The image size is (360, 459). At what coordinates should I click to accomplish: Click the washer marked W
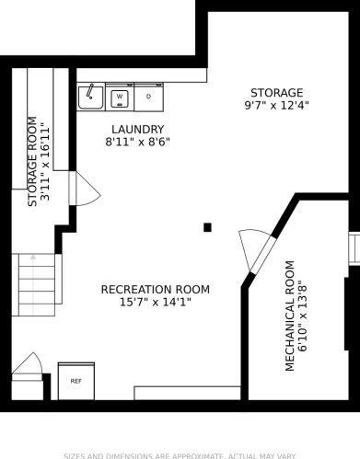point(120,97)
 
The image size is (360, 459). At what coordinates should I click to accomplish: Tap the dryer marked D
point(149,97)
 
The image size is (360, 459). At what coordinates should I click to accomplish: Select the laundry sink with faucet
point(91,97)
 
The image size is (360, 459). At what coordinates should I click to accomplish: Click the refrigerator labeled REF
point(76,381)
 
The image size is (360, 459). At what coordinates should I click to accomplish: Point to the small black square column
point(207,227)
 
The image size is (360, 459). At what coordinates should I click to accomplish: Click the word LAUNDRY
point(137,130)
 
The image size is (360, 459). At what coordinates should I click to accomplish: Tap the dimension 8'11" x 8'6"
point(137,142)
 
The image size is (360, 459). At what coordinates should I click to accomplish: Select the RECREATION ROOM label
point(156,290)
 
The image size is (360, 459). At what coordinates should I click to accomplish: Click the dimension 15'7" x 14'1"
point(156,303)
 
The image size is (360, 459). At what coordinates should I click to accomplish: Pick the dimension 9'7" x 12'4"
point(276,106)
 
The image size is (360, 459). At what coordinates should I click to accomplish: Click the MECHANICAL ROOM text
point(290,316)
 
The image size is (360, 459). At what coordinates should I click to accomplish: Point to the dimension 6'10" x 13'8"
point(303,316)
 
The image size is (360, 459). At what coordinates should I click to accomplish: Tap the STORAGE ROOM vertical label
point(32,162)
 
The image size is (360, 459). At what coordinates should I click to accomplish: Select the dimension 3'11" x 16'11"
point(45,162)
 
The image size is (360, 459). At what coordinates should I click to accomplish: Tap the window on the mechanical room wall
point(354,248)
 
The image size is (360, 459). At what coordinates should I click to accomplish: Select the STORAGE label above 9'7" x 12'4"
point(276,93)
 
